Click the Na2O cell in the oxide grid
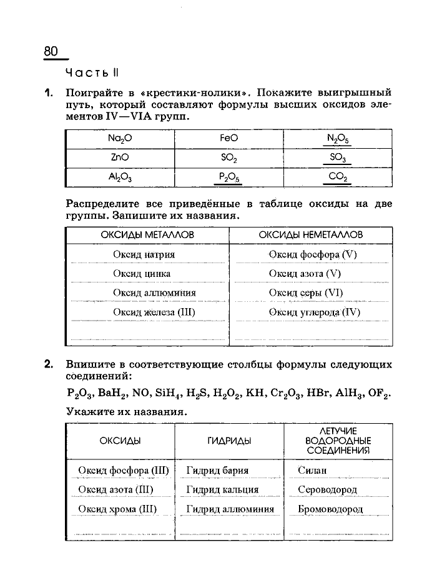coord(120,138)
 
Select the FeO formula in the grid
coord(229,138)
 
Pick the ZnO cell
coord(120,157)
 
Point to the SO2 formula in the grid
coord(229,158)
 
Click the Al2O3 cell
coord(120,177)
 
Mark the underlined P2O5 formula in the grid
coord(229,177)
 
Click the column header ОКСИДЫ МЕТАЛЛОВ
coord(147,234)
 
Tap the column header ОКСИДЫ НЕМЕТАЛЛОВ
coord(311,234)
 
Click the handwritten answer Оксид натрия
coord(144,254)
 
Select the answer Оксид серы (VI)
coord(306,292)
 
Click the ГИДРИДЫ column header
coord(229,441)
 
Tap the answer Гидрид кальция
coord(222,489)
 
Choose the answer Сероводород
coord(328,489)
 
